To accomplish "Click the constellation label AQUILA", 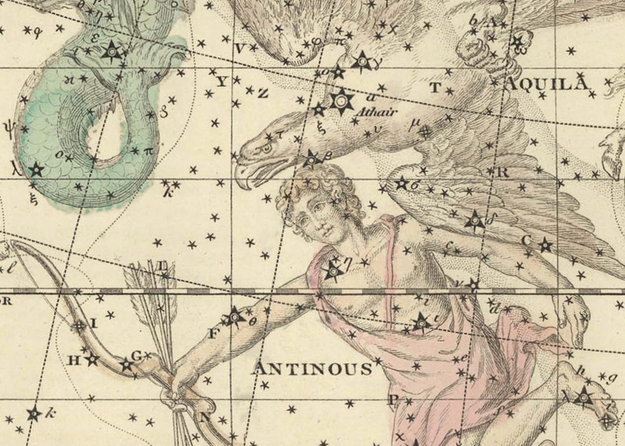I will click(549, 84).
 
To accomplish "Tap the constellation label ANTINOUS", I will click(312, 368).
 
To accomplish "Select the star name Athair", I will click(375, 112).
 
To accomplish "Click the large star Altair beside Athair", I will click(342, 101).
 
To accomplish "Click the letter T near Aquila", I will click(435, 88).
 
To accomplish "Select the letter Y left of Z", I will click(221, 81).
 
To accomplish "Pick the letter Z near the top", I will click(263, 93).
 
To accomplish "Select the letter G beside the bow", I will click(135, 356).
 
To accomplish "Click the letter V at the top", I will click(241, 49).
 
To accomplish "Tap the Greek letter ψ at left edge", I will click(9, 123).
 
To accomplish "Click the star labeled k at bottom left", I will click(35, 414).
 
